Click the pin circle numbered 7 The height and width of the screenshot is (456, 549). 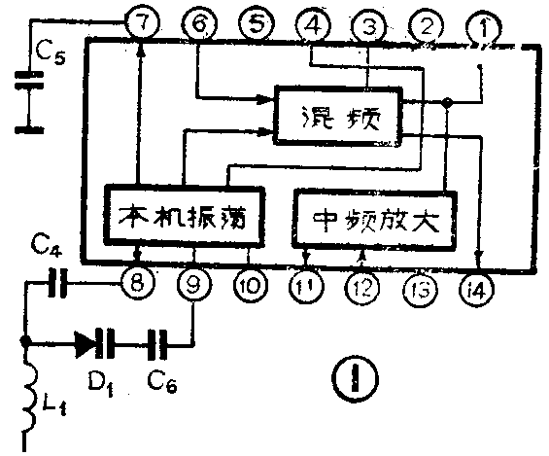[x=143, y=23]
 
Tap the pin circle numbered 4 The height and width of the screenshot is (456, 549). [x=312, y=24]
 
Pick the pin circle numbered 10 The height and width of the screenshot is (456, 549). [x=250, y=287]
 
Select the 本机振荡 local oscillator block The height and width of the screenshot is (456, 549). [x=183, y=217]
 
